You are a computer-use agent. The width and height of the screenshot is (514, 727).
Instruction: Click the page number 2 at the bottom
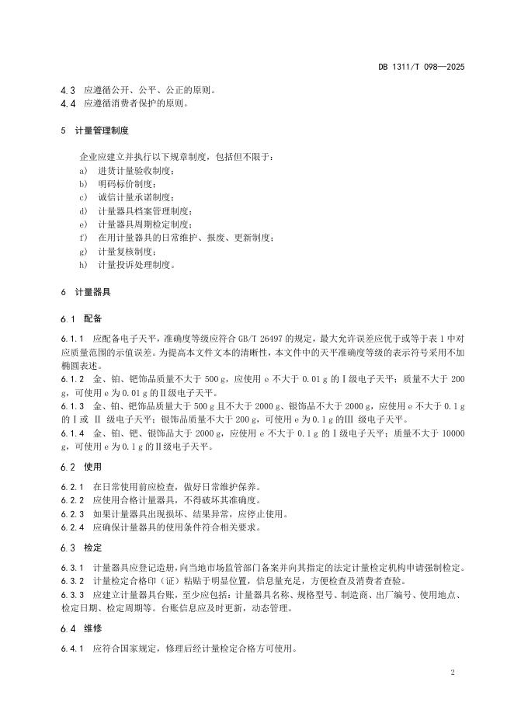[452, 672]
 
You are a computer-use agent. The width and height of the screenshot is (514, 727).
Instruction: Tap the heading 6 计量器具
[85, 292]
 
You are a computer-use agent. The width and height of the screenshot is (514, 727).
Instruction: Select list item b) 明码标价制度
[116, 184]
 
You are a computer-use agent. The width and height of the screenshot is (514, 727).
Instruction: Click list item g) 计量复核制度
[116, 251]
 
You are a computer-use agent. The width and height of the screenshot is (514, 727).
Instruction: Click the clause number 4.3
[68, 90]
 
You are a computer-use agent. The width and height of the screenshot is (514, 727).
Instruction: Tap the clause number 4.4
[68, 103]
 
